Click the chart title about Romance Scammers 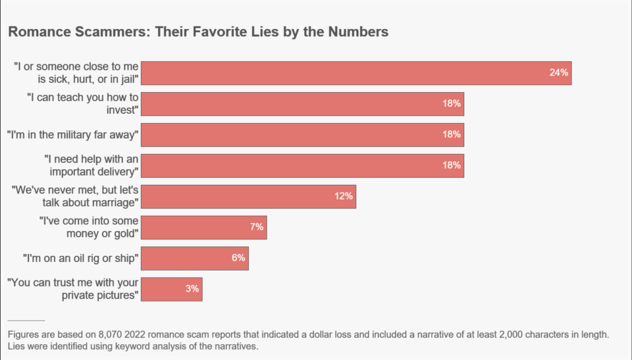197,32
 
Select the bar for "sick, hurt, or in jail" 355,73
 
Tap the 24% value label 558,73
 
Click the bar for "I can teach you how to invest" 302,104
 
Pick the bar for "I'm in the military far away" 302,135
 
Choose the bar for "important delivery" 302,165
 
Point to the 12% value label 344,196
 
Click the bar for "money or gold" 203,227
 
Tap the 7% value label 256,227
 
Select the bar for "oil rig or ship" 194,258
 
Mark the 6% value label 238,258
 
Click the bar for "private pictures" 171,289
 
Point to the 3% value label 192,289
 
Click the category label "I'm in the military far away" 72,135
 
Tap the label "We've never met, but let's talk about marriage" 75,196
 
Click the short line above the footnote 26,321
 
